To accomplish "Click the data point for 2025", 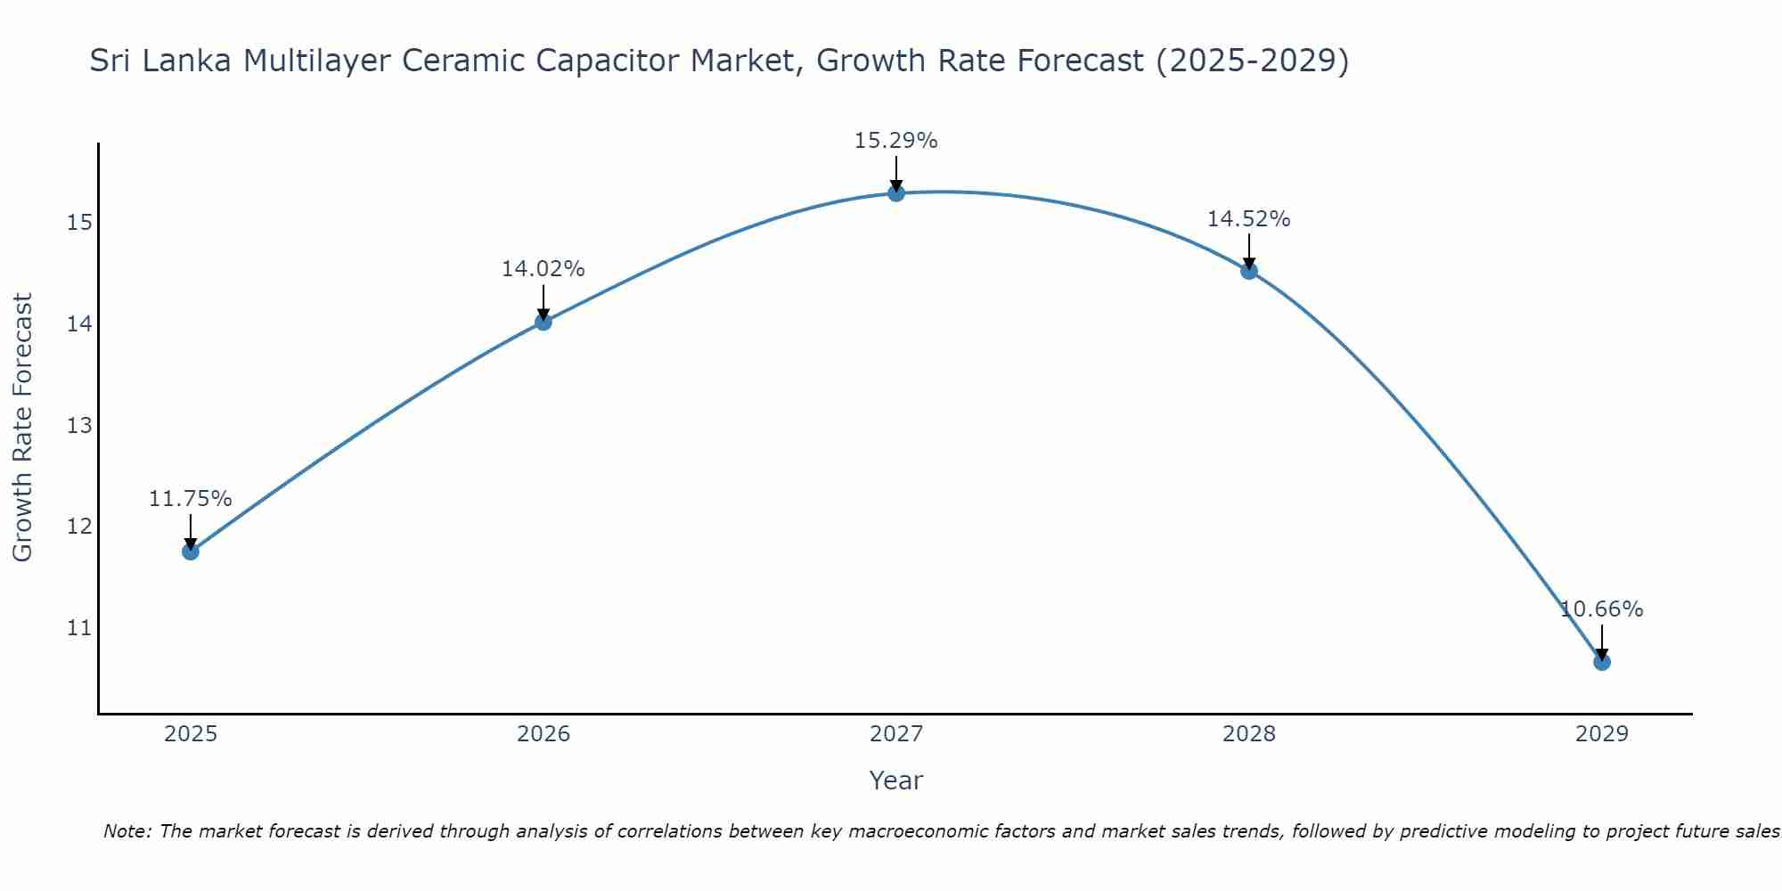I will (x=191, y=552).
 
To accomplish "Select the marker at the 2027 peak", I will (x=896, y=193).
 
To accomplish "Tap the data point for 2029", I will (x=1601, y=662).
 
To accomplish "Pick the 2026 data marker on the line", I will (x=544, y=322).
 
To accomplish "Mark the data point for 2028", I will (x=1249, y=271).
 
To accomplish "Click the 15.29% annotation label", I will (x=895, y=141).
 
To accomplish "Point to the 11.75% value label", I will (x=190, y=499).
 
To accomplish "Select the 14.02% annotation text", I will (x=543, y=269).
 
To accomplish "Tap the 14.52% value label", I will (x=1248, y=219).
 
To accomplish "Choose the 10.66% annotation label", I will (x=1601, y=609).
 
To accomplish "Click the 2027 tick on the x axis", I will (x=895, y=734).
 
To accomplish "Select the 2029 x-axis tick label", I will (x=1601, y=734).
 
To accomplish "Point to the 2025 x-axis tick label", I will (x=191, y=734).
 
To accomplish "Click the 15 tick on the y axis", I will (x=79, y=223).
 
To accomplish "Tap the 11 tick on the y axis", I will (x=79, y=628).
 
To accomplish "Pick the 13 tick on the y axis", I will (x=79, y=426).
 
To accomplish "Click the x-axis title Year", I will (x=895, y=781).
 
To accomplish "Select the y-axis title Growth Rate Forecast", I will (x=23, y=428).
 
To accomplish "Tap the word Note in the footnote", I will (x=127, y=832).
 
